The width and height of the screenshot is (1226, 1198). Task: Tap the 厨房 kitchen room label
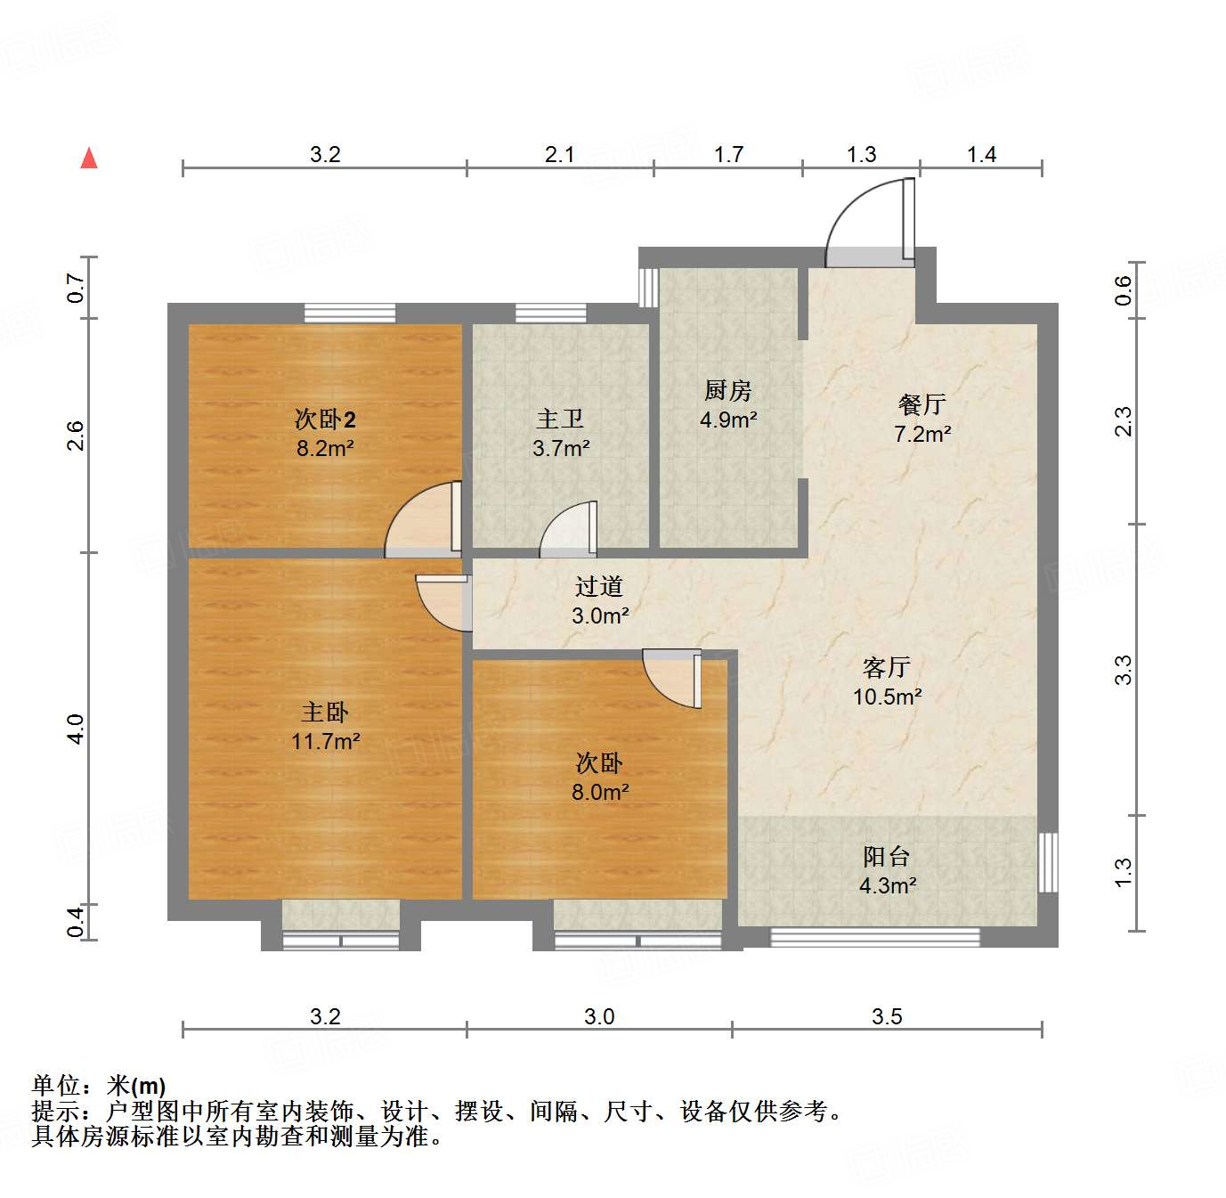point(727,390)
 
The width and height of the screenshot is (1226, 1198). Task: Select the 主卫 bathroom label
point(560,419)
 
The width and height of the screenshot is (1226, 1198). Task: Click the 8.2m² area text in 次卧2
point(325,448)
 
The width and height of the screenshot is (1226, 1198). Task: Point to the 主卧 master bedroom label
point(325,712)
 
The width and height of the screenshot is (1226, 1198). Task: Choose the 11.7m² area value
point(325,740)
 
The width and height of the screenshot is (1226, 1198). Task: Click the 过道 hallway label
point(598,586)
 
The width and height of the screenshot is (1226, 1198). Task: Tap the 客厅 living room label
point(886,667)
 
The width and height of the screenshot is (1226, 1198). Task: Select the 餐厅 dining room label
point(922,404)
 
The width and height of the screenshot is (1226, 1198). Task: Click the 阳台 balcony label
point(886,856)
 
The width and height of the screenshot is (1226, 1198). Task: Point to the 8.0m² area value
point(599,792)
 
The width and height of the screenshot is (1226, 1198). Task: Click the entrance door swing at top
point(869,223)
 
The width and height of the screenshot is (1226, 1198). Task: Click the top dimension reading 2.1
point(559,155)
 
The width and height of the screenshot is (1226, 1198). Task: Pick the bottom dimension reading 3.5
point(887,1016)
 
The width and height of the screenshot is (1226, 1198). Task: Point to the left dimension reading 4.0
point(77,729)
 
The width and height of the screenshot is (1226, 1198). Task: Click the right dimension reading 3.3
point(1124,670)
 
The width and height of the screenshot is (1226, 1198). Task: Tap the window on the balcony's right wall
point(1049,861)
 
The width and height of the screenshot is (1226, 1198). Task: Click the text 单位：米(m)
point(99,1086)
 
